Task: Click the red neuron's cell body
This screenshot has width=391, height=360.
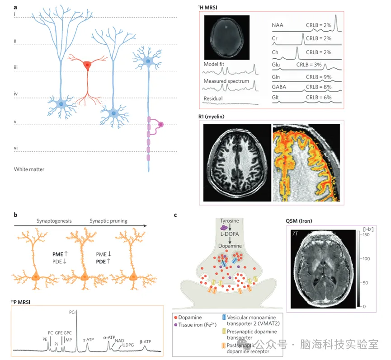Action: [x=87, y=66]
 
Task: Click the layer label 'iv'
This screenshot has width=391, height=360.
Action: [x=16, y=94]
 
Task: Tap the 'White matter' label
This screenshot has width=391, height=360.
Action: [x=29, y=169]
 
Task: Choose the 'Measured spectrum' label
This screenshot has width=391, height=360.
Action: [x=226, y=81]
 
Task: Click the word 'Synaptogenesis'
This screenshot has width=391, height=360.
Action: [x=55, y=221]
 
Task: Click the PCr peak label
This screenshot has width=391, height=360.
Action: [x=73, y=312]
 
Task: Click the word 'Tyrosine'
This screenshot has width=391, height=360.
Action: [x=231, y=221]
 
